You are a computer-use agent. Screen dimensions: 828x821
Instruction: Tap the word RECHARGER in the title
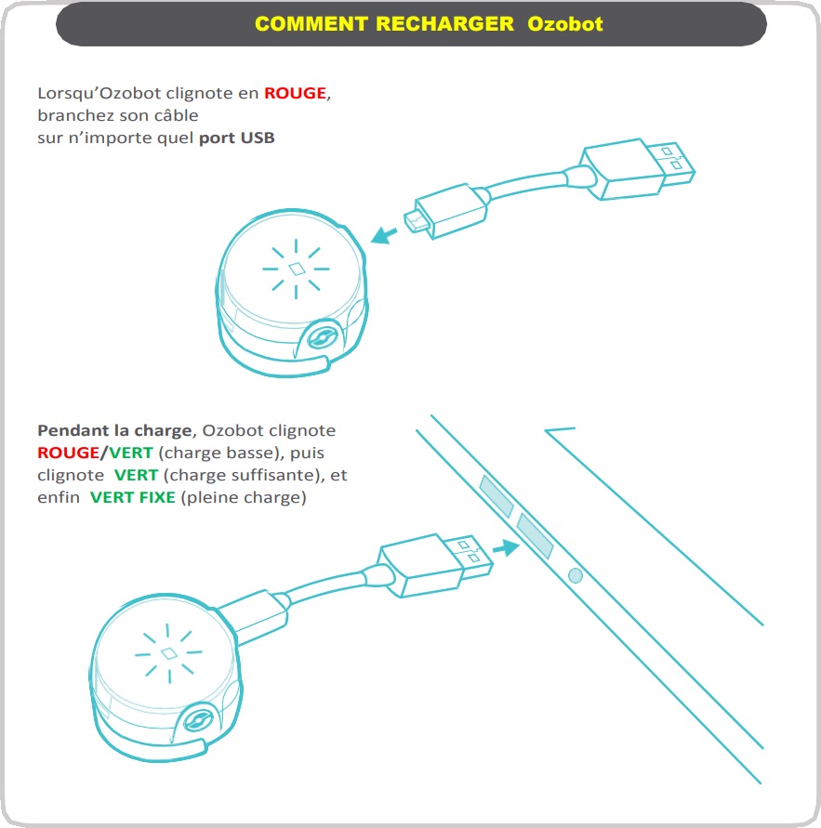[444, 24]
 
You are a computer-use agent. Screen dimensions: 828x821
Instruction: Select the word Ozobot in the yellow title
[565, 24]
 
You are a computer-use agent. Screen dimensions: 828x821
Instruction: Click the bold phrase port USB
[237, 138]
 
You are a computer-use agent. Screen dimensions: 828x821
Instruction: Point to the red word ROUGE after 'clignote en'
[296, 93]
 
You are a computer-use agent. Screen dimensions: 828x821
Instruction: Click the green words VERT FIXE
[132, 497]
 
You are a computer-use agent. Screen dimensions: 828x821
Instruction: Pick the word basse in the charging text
[249, 453]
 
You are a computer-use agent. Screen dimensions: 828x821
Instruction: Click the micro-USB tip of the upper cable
[412, 220]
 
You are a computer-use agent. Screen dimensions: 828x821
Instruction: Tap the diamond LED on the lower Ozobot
[168, 654]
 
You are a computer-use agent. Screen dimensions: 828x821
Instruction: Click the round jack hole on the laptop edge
[575, 576]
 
